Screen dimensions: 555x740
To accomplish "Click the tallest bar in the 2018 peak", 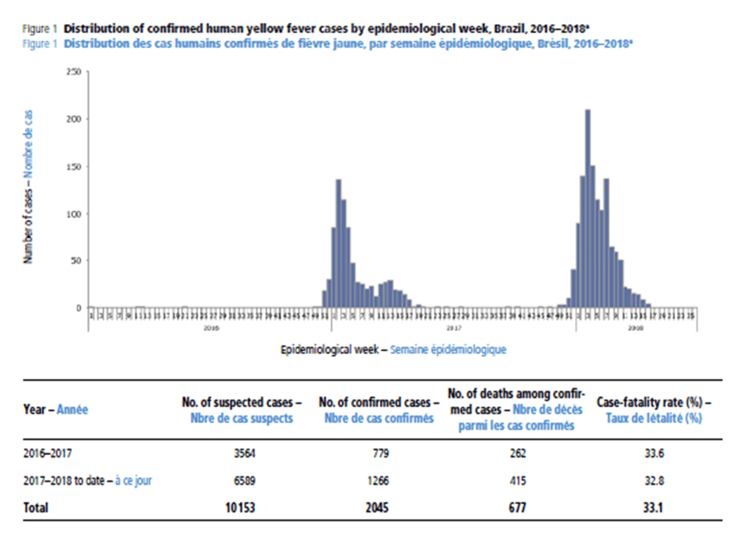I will point(587,208).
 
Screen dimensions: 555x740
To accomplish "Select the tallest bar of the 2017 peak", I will point(338,243).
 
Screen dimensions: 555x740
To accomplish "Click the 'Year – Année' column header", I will point(56,410).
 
